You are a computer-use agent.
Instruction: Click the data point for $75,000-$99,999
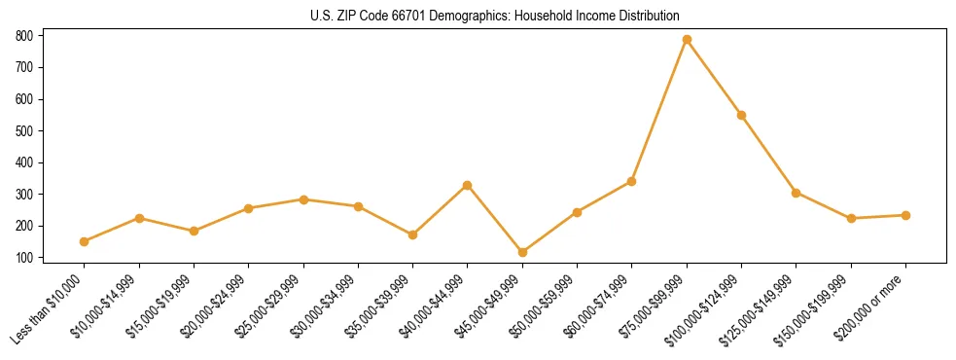pos(687,40)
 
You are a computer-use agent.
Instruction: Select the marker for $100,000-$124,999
pos(741,115)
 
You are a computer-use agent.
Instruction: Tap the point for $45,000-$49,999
pos(522,252)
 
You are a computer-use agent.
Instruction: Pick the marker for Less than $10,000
pos(84,241)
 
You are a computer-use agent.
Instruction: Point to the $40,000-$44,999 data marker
pos(468,185)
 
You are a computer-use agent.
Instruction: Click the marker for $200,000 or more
pos(906,215)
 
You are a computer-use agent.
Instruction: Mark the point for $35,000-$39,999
pos(412,234)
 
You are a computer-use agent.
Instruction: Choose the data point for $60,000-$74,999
pos(632,181)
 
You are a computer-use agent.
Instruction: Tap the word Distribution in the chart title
pos(647,16)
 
